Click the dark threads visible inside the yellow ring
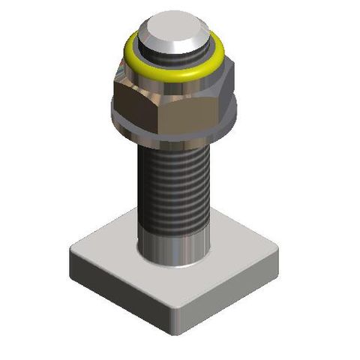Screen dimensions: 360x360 coord(174,66)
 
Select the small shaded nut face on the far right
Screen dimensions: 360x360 coord(229,94)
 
